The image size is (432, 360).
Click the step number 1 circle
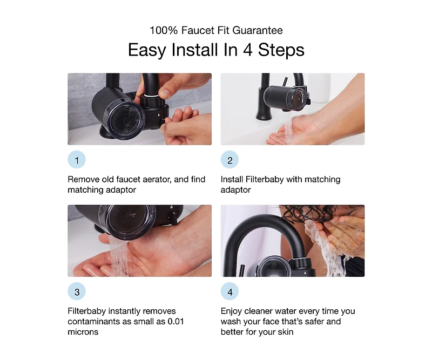tap(77, 160)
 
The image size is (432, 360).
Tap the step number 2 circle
tap(230, 160)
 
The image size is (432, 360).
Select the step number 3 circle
tap(77, 292)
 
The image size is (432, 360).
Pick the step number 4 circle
tap(230, 292)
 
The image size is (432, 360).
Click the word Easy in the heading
tap(147, 50)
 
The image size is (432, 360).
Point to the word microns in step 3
tap(83, 332)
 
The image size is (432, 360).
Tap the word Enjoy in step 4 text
tap(233, 311)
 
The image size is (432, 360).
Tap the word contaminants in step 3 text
tap(94, 322)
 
